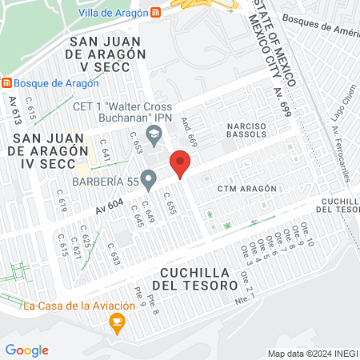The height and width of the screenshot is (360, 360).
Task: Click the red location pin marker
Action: coord(181,165)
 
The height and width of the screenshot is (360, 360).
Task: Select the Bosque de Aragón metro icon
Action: coord(6,82)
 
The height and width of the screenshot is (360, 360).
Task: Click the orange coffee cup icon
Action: coord(118,323)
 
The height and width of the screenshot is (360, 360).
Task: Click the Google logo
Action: coord(26,350)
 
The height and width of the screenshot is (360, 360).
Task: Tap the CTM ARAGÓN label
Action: coord(246,189)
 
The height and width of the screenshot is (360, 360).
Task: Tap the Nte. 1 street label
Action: coord(246,299)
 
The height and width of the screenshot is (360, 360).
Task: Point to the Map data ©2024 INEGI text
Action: coord(312,354)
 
